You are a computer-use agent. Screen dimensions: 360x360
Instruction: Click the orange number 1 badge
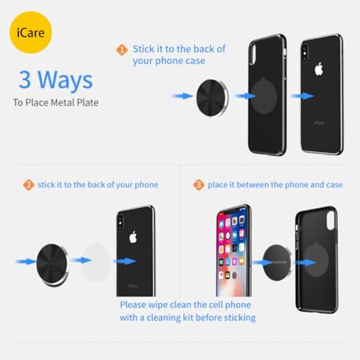pos(122,49)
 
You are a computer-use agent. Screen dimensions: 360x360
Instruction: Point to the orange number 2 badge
pos(29,185)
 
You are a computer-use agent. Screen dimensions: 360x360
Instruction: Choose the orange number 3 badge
pos(198,185)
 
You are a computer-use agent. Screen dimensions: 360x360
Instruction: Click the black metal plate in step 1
pos(213,95)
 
